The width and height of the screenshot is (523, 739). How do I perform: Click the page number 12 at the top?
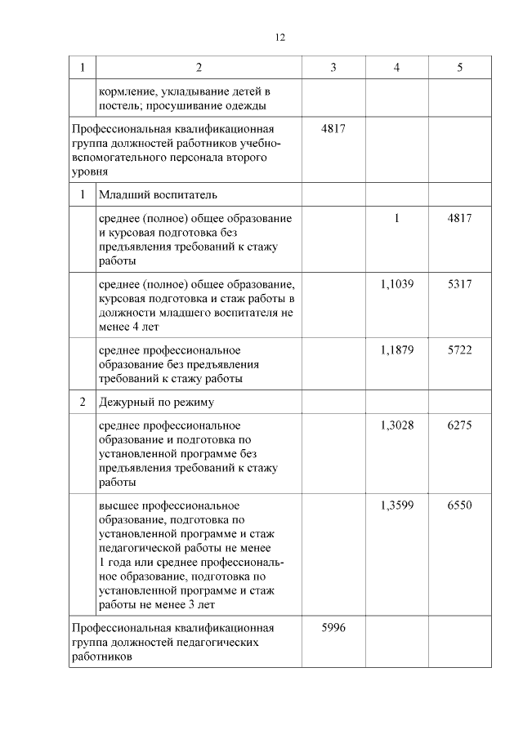(280, 38)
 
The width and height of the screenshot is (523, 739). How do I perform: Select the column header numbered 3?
(333, 68)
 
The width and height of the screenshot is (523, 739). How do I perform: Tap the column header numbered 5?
(460, 68)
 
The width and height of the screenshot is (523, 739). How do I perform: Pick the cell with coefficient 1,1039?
(397, 283)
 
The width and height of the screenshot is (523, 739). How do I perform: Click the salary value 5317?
(460, 283)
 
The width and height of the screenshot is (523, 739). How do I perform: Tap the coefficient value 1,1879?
(397, 350)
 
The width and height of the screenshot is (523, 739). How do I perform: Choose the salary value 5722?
(460, 350)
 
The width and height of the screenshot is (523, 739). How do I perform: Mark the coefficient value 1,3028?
(397, 425)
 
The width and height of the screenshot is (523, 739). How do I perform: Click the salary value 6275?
(460, 425)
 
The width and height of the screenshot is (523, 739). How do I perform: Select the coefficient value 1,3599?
(397, 505)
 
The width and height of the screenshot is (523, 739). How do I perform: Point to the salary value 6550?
(460, 505)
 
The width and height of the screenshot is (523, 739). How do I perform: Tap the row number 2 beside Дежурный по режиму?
(83, 403)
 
